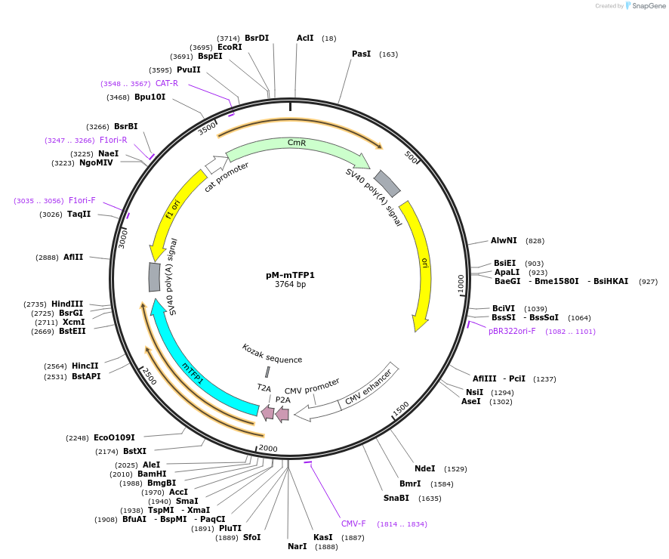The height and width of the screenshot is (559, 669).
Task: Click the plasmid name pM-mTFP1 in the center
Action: (x=290, y=275)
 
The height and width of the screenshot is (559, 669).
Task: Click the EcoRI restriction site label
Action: (x=230, y=47)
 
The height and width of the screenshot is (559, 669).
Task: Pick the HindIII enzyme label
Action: (x=67, y=304)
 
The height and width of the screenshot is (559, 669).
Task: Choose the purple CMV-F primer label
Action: (x=353, y=523)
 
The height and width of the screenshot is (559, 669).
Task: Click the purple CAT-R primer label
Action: (x=167, y=83)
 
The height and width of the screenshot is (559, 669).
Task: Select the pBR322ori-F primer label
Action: (x=512, y=331)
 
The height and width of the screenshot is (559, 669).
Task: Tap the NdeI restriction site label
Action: (x=424, y=468)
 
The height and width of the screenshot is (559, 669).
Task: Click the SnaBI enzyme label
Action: (x=396, y=498)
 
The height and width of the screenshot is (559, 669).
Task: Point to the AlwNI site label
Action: (x=504, y=240)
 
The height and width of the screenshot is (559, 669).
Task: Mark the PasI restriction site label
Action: (x=361, y=54)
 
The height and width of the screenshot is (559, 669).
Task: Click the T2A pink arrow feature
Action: (x=267, y=412)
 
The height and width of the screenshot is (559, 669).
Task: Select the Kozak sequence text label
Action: (x=272, y=354)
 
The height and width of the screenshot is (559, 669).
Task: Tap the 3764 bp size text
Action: (x=290, y=285)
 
